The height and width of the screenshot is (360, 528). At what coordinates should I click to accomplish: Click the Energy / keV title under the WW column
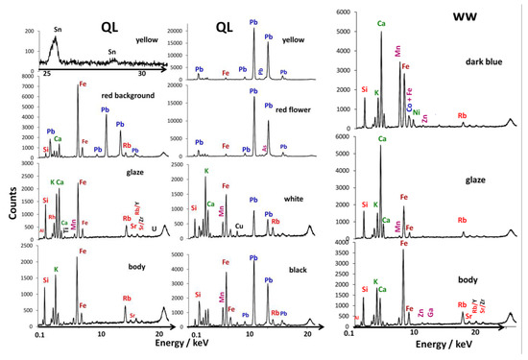pos(420,343)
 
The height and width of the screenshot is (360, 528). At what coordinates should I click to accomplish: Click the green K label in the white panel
pos(205,171)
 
